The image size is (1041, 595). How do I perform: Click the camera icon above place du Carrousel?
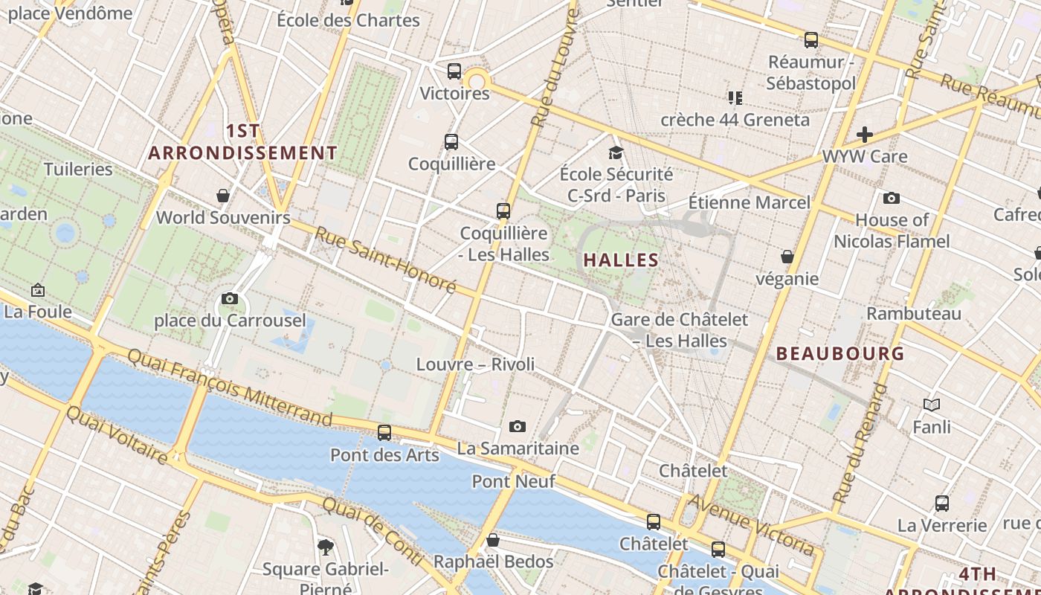pyautogui.click(x=230, y=299)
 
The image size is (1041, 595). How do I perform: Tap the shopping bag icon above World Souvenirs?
pyautogui.click(x=223, y=196)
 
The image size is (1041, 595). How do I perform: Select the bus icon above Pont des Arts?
pyautogui.click(x=384, y=432)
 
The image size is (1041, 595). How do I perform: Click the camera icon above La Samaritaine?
pyautogui.click(x=518, y=426)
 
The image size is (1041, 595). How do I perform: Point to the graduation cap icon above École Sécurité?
pyautogui.click(x=616, y=152)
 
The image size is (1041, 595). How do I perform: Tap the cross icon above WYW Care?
pyautogui.click(x=864, y=135)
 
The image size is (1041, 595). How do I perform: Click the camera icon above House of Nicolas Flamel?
pyautogui.click(x=891, y=198)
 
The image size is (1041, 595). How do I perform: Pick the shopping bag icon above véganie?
pyautogui.click(x=787, y=257)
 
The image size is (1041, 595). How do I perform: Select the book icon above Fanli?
pyautogui.click(x=931, y=405)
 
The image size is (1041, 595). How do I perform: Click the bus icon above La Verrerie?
pyautogui.click(x=942, y=503)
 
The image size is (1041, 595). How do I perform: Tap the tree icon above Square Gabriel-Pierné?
pyautogui.click(x=325, y=547)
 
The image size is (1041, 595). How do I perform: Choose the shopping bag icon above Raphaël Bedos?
pyautogui.click(x=492, y=539)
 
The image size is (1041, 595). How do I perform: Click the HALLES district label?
pyautogui.click(x=622, y=260)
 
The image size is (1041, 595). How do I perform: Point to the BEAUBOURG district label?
pyautogui.click(x=840, y=353)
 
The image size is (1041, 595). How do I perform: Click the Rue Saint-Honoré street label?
pyautogui.click(x=385, y=260)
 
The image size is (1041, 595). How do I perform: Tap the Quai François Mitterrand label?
pyautogui.click(x=229, y=386)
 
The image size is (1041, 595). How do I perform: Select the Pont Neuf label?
pyautogui.click(x=513, y=481)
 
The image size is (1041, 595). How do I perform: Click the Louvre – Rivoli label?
pyautogui.click(x=475, y=364)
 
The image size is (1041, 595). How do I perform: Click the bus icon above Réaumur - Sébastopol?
pyautogui.click(x=810, y=40)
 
